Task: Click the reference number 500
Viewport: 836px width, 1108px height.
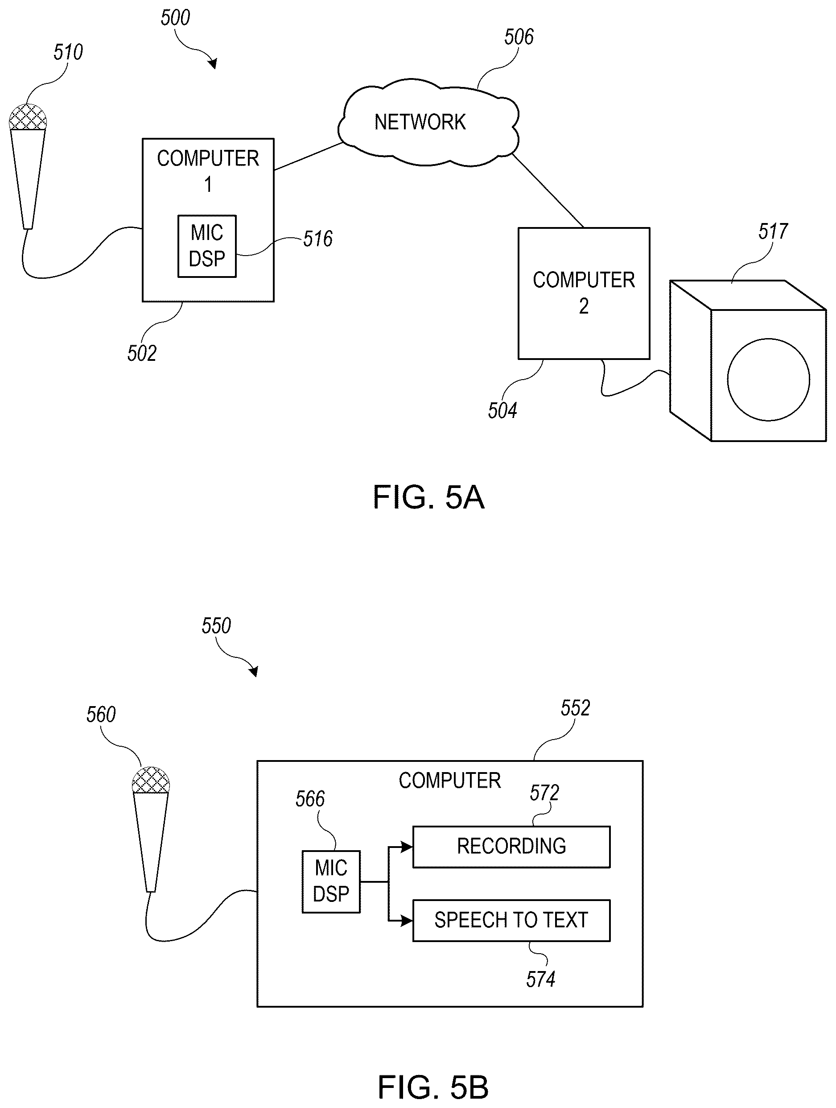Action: pyautogui.click(x=175, y=18)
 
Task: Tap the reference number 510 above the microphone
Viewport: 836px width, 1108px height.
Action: pyautogui.click(x=68, y=53)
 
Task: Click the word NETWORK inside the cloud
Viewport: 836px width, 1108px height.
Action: pyautogui.click(x=420, y=122)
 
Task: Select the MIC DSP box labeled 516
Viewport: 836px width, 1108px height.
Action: pyautogui.click(x=207, y=246)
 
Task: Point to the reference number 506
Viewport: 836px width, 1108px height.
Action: pyautogui.click(x=519, y=37)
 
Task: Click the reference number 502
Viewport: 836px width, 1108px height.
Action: pyautogui.click(x=142, y=354)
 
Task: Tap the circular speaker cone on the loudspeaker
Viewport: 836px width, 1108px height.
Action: pyautogui.click(x=768, y=380)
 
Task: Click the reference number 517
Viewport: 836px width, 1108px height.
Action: pyautogui.click(x=773, y=232)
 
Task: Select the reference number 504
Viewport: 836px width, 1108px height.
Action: pyautogui.click(x=502, y=411)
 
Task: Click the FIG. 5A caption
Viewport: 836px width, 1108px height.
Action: pyautogui.click(x=428, y=497)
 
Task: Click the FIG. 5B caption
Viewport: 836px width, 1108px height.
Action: pyautogui.click(x=433, y=1087)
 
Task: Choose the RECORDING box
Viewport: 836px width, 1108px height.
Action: pyautogui.click(x=511, y=847)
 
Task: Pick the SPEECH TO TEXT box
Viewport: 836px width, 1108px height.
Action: pyautogui.click(x=511, y=921)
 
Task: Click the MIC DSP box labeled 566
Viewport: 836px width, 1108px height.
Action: pyautogui.click(x=331, y=881)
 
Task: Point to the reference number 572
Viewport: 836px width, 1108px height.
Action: pyautogui.click(x=544, y=793)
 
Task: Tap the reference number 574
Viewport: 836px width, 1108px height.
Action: pyautogui.click(x=541, y=979)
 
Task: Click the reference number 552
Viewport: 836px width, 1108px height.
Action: pyautogui.click(x=575, y=708)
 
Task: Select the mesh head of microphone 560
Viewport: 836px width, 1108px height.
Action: pyautogui.click(x=151, y=781)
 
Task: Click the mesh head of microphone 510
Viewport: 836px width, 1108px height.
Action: pyautogui.click(x=28, y=117)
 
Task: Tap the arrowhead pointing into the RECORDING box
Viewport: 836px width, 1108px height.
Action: pyautogui.click(x=407, y=847)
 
